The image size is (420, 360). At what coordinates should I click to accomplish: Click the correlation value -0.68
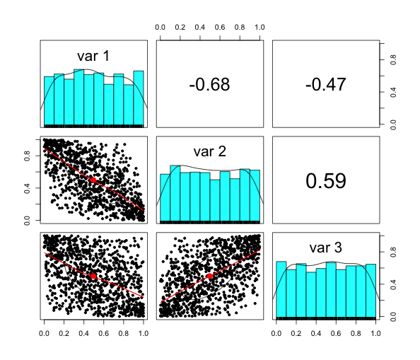tap(210, 84)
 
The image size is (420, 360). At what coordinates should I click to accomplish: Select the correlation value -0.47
tap(325, 84)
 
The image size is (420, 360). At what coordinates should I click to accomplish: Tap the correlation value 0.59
tap(325, 180)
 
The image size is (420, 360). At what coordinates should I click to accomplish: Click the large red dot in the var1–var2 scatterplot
tap(93, 180)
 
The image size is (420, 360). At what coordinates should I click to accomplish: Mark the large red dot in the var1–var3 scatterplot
tap(93, 276)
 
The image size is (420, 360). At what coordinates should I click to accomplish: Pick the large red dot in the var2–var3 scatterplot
tap(210, 276)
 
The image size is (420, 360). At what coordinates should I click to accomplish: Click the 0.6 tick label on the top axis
tap(221, 27)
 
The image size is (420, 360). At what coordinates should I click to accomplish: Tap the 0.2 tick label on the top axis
tap(180, 27)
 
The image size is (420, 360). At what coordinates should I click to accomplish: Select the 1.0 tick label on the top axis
tap(260, 27)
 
